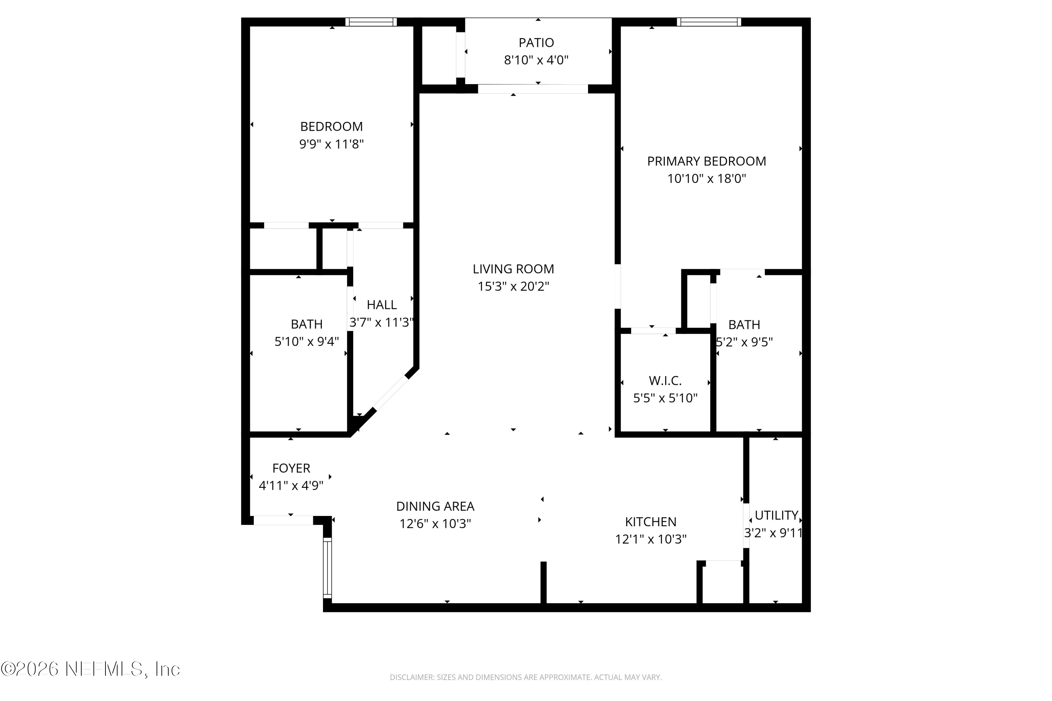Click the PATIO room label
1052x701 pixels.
(536, 43)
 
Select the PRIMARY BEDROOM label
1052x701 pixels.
(706, 161)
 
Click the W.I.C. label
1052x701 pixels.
(665, 381)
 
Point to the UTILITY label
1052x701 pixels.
(776, 516)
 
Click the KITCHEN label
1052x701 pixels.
(650, 522)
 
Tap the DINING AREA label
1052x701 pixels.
(435, 506)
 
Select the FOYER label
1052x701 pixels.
(291, 468)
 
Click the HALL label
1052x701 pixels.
(382, 305)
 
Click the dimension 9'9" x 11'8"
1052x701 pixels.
(331, 144)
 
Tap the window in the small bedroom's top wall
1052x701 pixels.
(371, 22)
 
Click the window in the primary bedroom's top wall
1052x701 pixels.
(708, 22)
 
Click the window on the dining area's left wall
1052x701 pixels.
(328, 568)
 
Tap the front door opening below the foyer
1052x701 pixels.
(283, 520)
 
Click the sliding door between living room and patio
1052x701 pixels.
(532, 89)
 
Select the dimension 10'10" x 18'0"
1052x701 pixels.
(706, 179)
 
